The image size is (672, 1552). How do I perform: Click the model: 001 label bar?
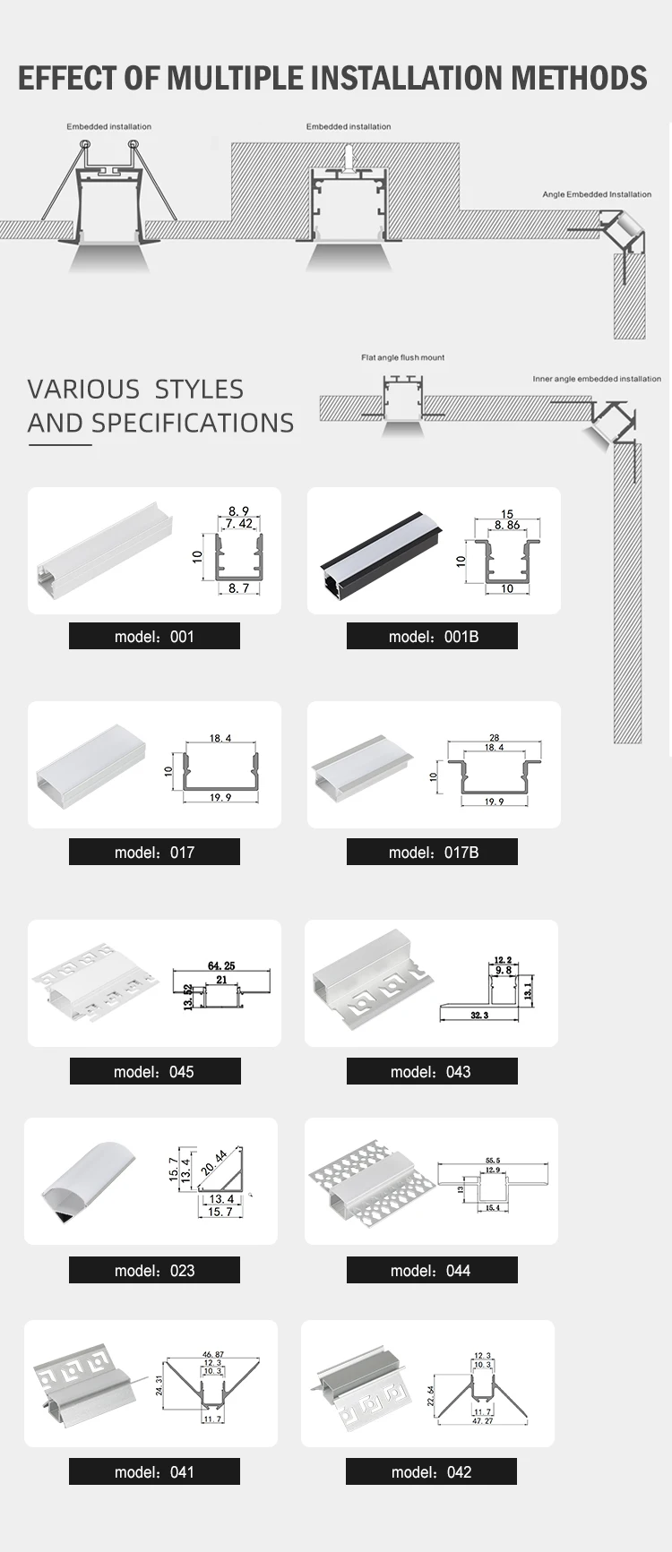(x=154, y=637)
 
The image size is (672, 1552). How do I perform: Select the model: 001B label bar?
(x=432, y=637)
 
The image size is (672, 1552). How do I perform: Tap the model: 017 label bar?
(x=154, y=853)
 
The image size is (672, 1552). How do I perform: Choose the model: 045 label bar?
(x=155, y=1072)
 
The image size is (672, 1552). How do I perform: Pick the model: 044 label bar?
(x=432, y=1271)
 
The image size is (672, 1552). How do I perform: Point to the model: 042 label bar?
(x=431, y=1472)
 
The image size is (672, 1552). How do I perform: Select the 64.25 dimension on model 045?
(x=221, y=965)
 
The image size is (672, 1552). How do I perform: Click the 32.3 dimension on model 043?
(x=479, y=1016)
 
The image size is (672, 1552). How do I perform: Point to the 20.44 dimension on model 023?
(x=214, y=1162)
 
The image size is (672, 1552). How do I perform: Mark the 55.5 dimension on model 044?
(x=493, y=1161)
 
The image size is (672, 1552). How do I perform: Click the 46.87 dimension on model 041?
(x=213, y=1356)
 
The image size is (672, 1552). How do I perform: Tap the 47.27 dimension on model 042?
(x=483, y=1420)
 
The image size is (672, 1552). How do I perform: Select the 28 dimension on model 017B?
(x=495, y=738)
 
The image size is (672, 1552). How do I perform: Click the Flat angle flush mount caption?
(x=402, y=357)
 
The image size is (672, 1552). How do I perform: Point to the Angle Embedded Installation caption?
(x=597, y=194)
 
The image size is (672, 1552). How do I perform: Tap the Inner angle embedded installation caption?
(x=597, y=379)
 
